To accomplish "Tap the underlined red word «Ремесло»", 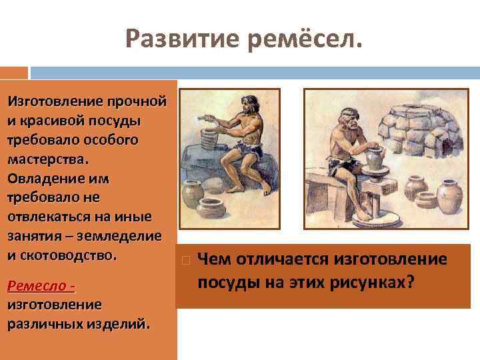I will click(39, 286).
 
